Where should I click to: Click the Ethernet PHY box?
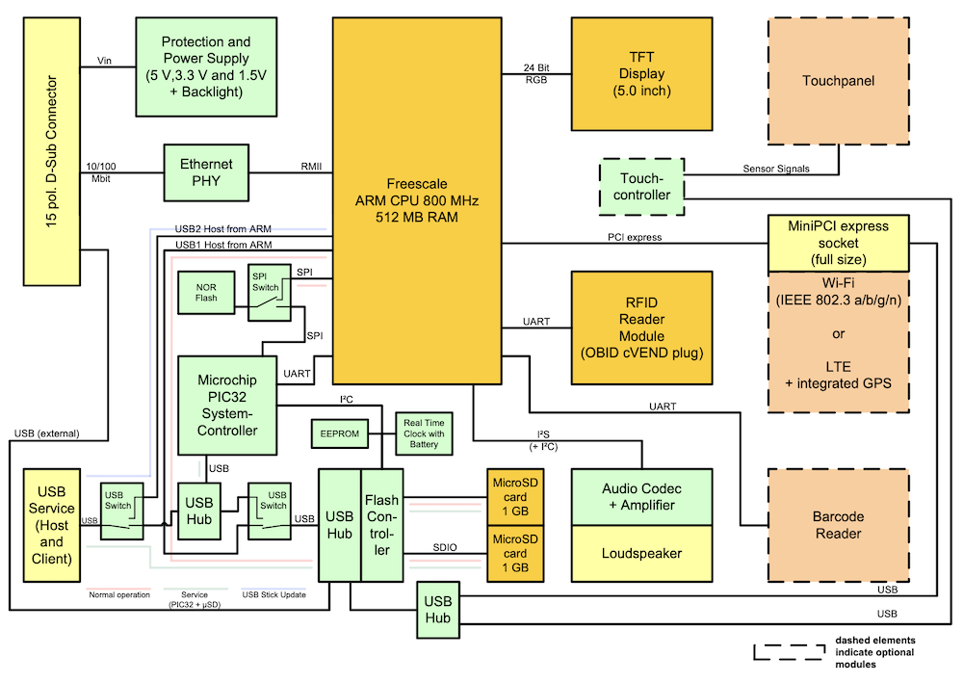click(206, 172)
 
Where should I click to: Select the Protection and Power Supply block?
click(206, 66)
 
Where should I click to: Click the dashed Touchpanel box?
click(838, 81)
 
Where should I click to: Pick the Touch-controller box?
click(642, 187)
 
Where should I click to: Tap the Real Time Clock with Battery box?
click(424, 433)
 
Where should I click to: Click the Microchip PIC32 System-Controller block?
click(227, 405)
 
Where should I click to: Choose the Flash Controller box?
click(382, 525)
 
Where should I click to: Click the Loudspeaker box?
click(641, 554)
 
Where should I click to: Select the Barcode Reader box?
click(838, 525)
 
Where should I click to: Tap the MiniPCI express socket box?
click(838, 242)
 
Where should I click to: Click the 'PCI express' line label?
click(634, 236)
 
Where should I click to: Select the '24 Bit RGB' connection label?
click(536, 73)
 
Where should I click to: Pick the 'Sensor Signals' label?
click(776, 169)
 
